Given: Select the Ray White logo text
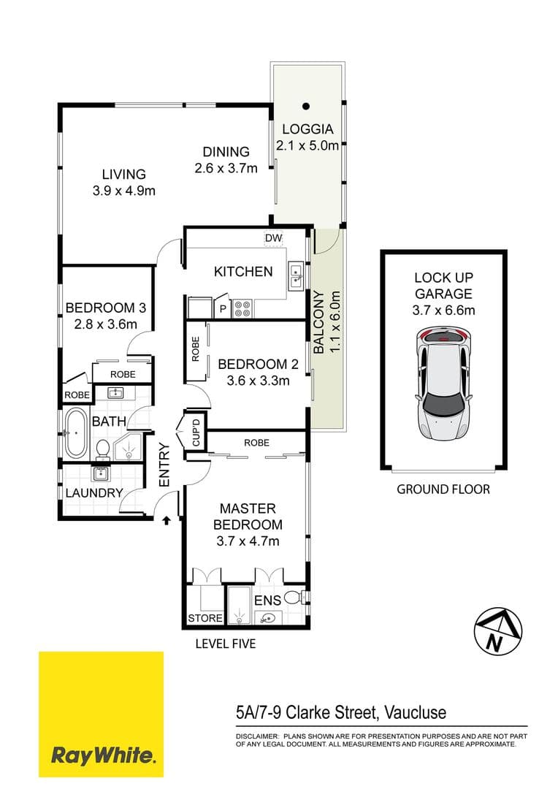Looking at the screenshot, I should point(102,755).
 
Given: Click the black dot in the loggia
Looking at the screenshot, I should point(307,106).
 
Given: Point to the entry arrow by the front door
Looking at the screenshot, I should point(167,520).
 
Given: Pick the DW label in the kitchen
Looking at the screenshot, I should point(273,239).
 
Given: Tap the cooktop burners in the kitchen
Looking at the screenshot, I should point(242,309).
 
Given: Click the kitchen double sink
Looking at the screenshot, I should point(297,275).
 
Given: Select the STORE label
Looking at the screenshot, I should point(205,618).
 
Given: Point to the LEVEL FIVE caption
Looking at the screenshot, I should point(225,644).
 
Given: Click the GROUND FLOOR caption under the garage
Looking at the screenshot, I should point(443,489).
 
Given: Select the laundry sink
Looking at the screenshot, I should point(101,473).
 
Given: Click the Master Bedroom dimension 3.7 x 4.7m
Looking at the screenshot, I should point(247,541).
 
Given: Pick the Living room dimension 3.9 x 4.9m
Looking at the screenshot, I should point(124,191).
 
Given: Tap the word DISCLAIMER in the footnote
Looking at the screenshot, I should point(256,736).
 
